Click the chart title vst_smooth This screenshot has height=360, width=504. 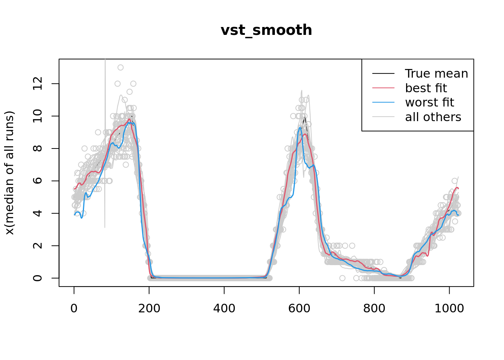tap(266, 30)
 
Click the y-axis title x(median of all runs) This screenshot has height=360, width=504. tap(9, 173)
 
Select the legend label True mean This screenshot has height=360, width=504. tap(436, 73)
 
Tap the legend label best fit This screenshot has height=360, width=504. tap(426, 88)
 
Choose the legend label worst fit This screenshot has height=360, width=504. tap(429, 102)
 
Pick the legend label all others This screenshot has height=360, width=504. tap(433, 117)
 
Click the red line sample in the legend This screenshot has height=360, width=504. tap(383, 88)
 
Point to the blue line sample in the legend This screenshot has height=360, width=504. tap(383, 102)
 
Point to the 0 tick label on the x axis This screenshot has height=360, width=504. tap(74, 308)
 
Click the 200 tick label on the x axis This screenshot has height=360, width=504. tap(149, 308)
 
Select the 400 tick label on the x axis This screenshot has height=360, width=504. tap(224, 308)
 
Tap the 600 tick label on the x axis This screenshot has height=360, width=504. tap(299, 308)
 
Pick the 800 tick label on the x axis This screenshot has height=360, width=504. tap(374, 308)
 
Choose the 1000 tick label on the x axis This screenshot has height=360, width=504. tap(449, 308)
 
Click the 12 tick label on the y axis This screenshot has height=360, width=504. tap(37, 84)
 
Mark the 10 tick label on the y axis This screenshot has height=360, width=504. tap(37, 116)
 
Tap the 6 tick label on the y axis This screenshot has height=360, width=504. tap(37, 181)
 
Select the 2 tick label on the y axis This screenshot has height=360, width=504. tap(37, 246)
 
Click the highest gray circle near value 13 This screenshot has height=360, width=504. tap(120, 67)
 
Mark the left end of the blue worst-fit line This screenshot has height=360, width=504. tap(75, 214)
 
